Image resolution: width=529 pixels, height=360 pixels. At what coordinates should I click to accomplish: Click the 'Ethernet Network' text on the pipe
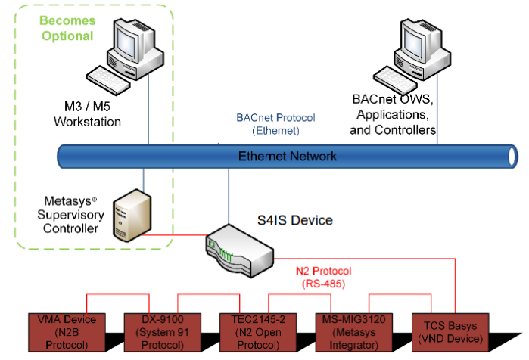287,157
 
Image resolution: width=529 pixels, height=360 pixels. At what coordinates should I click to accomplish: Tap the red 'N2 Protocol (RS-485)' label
326,276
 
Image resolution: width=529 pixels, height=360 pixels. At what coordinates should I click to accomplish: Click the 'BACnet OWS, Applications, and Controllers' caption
393,114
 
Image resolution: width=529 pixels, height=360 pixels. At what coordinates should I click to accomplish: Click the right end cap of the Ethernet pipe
512,157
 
